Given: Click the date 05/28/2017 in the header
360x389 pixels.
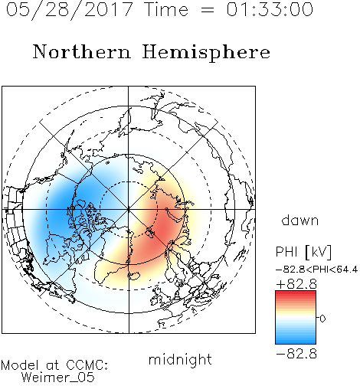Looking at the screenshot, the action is click(70, 10).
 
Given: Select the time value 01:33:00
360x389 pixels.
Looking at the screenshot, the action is click(270, 9).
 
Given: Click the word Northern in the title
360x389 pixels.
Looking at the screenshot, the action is click(82, 52).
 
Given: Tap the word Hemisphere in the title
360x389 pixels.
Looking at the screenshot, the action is click(206, 53).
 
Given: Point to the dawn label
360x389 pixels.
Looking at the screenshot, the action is click(300, 220).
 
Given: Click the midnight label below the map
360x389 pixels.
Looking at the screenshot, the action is click(180, 360).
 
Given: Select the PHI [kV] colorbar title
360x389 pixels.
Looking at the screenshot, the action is click(303, 252).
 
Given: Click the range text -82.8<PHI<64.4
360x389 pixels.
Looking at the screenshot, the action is click(316, 270).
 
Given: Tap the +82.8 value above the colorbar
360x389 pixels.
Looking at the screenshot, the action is click(296, 284).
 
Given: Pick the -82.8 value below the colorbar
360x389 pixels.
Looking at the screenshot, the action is click(296, 354).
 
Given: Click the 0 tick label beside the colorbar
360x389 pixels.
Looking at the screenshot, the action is click(322, 319).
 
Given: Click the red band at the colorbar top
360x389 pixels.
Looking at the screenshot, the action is click(296, 293).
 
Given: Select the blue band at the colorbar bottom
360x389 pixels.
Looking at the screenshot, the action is click(296, 341).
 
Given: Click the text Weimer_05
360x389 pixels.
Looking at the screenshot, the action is click(58, 378).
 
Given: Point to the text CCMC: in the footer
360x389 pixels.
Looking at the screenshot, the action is click(87, 365).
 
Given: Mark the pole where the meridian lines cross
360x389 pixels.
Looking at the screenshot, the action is click(129, 209).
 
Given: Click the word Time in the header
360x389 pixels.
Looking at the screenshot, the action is click(166, 9).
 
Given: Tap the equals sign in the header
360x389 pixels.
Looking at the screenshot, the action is click(207, 10).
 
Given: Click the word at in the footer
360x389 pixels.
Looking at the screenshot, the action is click(53, 365).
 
